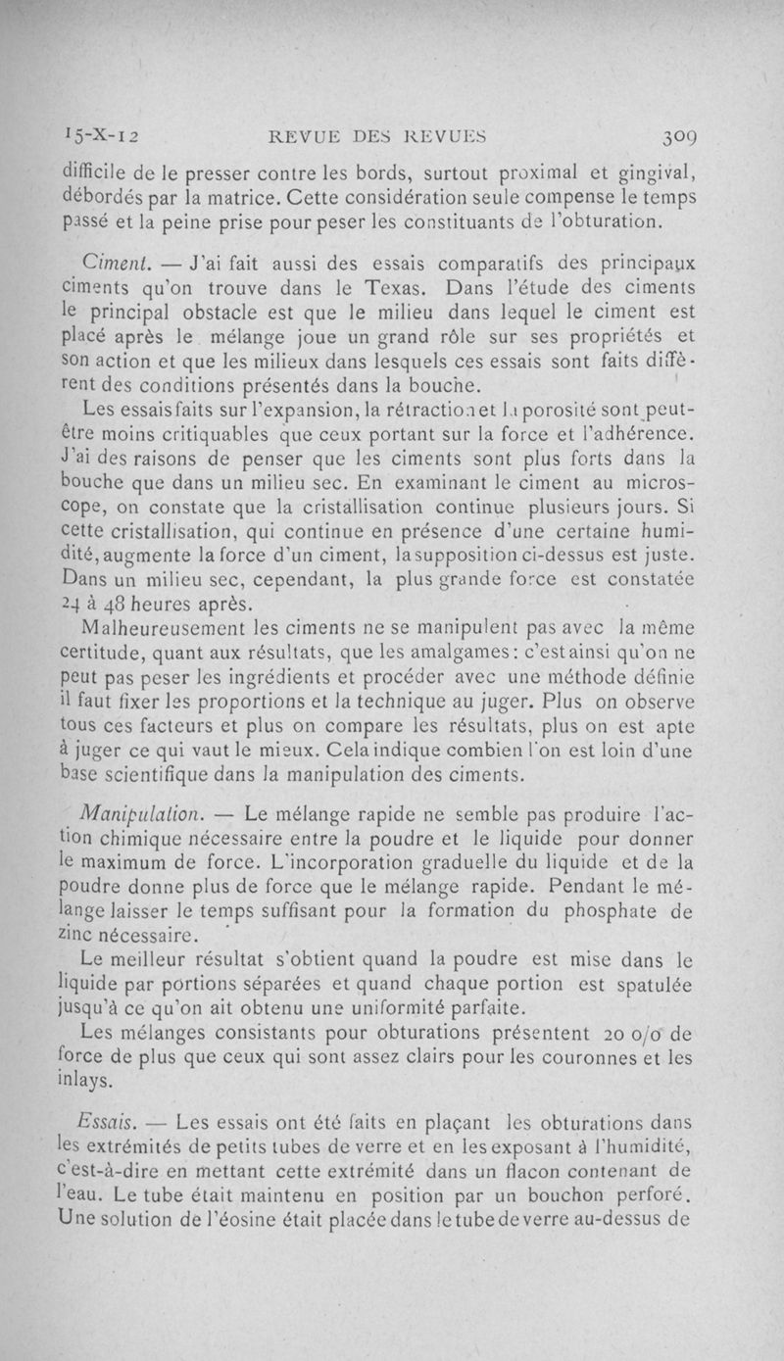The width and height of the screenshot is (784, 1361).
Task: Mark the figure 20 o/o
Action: pyautogui.click(x=629, y=1034)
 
